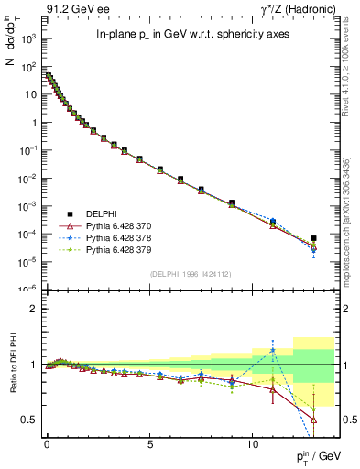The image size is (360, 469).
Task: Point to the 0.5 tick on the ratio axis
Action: pyautogui.click(x=29, y=420)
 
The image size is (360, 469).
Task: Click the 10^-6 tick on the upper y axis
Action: pyautogui.click(x=27, y=289)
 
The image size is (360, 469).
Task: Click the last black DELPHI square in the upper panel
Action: pyautogui.click(x=314, y=238)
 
